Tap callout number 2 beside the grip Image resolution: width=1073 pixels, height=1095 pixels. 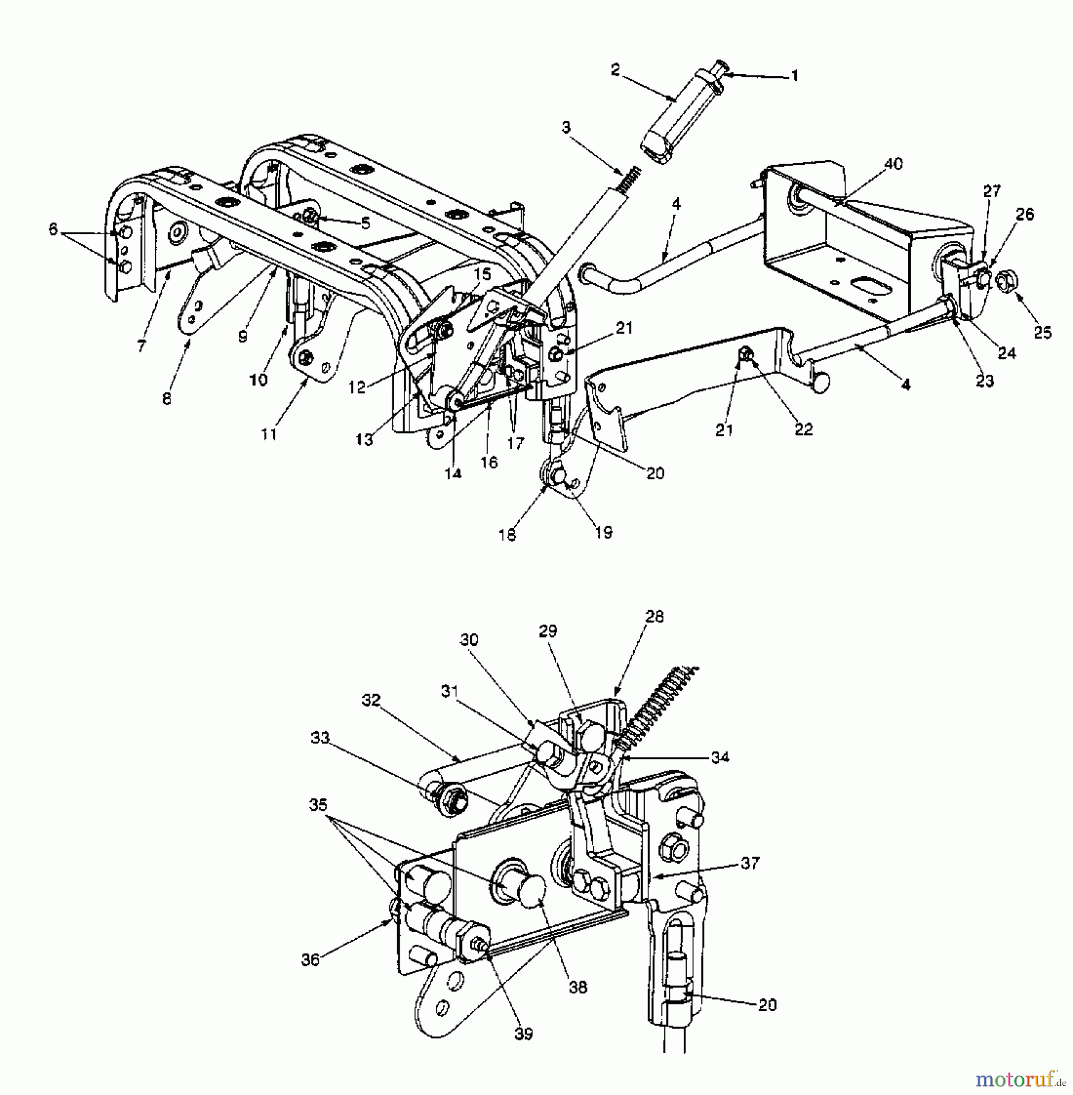pos(615,71)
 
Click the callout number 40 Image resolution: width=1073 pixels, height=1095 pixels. pos(894,164)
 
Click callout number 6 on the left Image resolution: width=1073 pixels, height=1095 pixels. pos(54,229)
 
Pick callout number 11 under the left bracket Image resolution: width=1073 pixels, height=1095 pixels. pos(269,434)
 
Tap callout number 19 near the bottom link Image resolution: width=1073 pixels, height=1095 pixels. pos(603,532)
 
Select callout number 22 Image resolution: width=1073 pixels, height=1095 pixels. pos(804,429)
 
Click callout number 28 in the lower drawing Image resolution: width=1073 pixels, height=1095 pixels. pos(655,617)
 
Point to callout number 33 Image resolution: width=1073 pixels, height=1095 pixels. pos(319,739)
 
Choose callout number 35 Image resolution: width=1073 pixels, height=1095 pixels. pos(318,805)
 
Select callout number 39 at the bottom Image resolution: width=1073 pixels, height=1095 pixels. pos(523,1033)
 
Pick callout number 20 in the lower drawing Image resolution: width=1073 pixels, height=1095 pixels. pos(768,1005)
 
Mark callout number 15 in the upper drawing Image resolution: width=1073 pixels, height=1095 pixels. pos(482,274)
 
